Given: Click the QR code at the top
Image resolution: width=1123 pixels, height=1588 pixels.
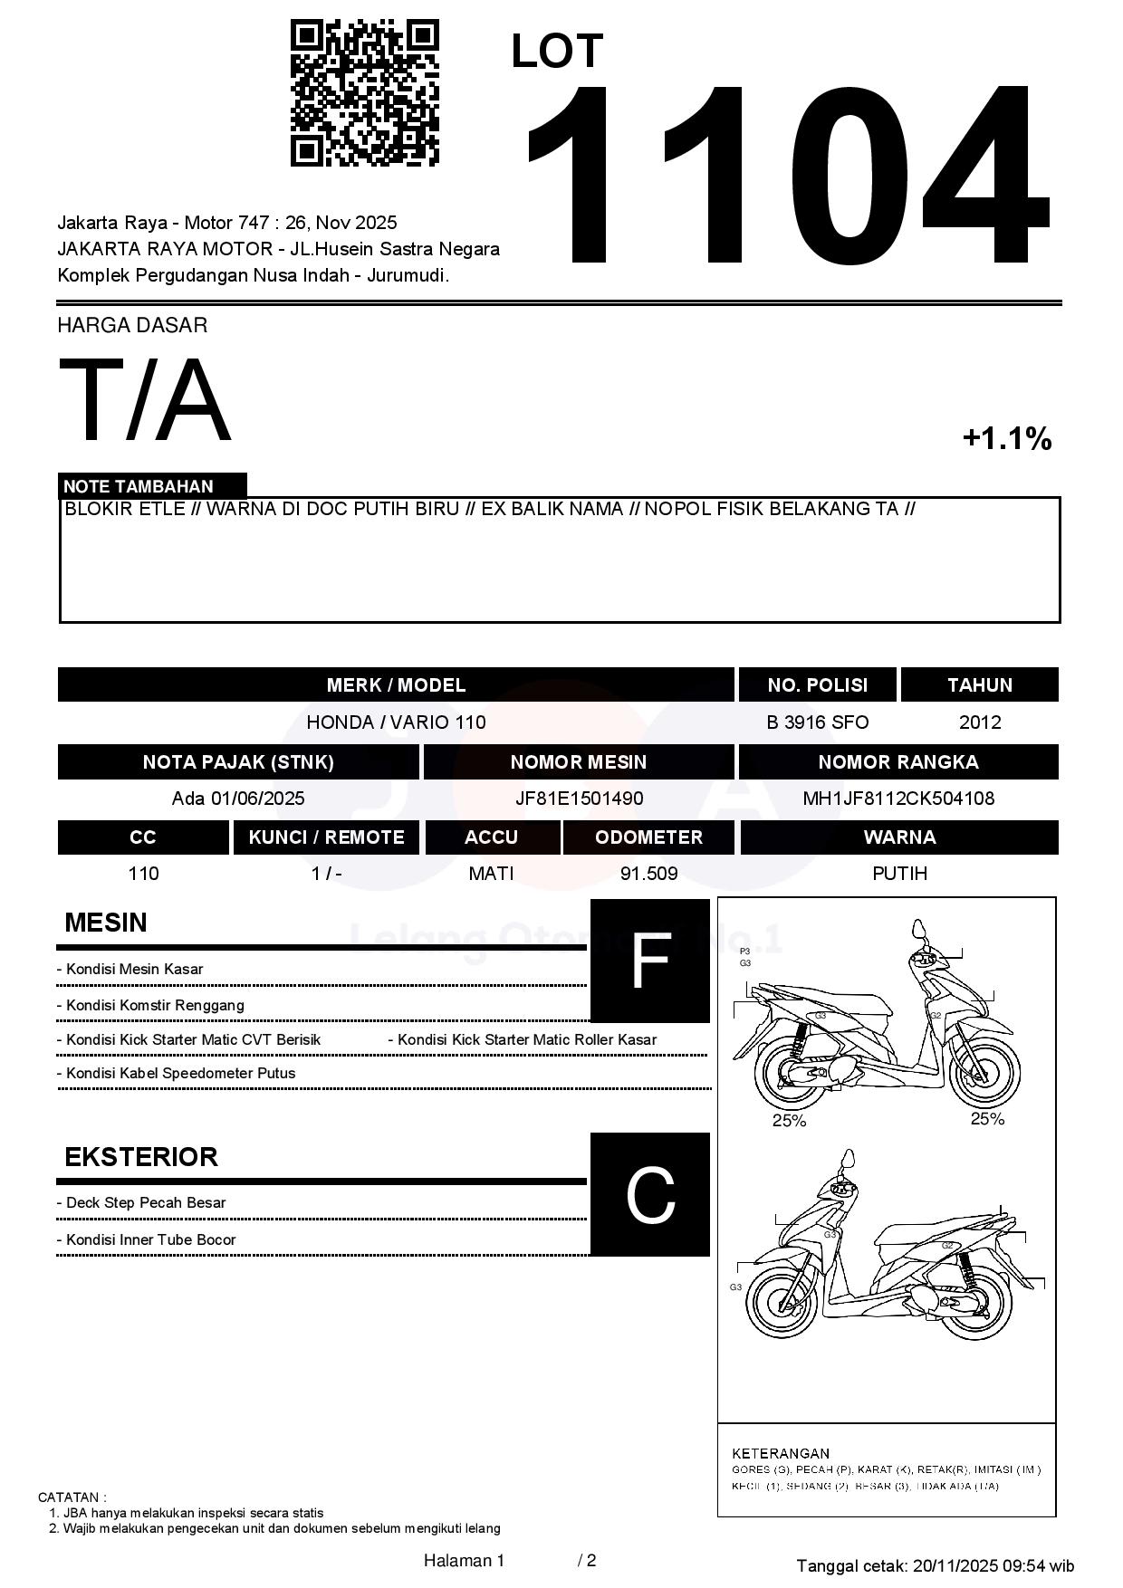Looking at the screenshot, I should [x=364, y=93].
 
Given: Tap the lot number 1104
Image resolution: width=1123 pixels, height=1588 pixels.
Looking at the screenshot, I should [x=786, y=177].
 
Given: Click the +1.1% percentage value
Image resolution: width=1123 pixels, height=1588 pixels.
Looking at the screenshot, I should [x=1006, y=439].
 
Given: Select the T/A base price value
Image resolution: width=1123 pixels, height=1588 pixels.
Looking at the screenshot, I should [x=145, y=400].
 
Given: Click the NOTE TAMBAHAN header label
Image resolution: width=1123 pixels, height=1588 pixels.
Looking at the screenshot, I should [x=139, y=486].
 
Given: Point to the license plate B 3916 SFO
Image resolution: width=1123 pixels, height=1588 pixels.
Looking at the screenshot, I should [x=817, y=722].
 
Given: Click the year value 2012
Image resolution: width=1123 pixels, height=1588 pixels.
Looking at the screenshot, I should [x=980, y=722].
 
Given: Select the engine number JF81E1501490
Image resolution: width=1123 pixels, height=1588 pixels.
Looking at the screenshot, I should [x=579, y=799].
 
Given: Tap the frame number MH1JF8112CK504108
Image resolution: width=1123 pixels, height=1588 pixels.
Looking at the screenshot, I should [x=898, y=799].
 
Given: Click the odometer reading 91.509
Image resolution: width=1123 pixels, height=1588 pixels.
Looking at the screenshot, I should [x=648, y=874].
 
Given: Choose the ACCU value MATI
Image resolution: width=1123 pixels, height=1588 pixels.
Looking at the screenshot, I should [x=491, y=874].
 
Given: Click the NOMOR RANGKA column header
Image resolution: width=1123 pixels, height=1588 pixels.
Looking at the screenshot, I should [x=898, y=762].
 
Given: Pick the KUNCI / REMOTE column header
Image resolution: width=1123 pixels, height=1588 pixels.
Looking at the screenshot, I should [x=326, y=837].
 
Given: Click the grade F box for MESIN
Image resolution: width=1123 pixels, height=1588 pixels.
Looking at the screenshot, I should [x=649, y=961].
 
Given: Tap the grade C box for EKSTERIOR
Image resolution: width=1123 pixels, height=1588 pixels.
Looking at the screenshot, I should [x=649, y=1194].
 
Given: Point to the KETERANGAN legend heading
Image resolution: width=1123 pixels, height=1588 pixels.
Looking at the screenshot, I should [x=780, y=1453].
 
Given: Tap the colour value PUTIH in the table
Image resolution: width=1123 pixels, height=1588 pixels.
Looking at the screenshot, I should [x=899, y=874].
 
